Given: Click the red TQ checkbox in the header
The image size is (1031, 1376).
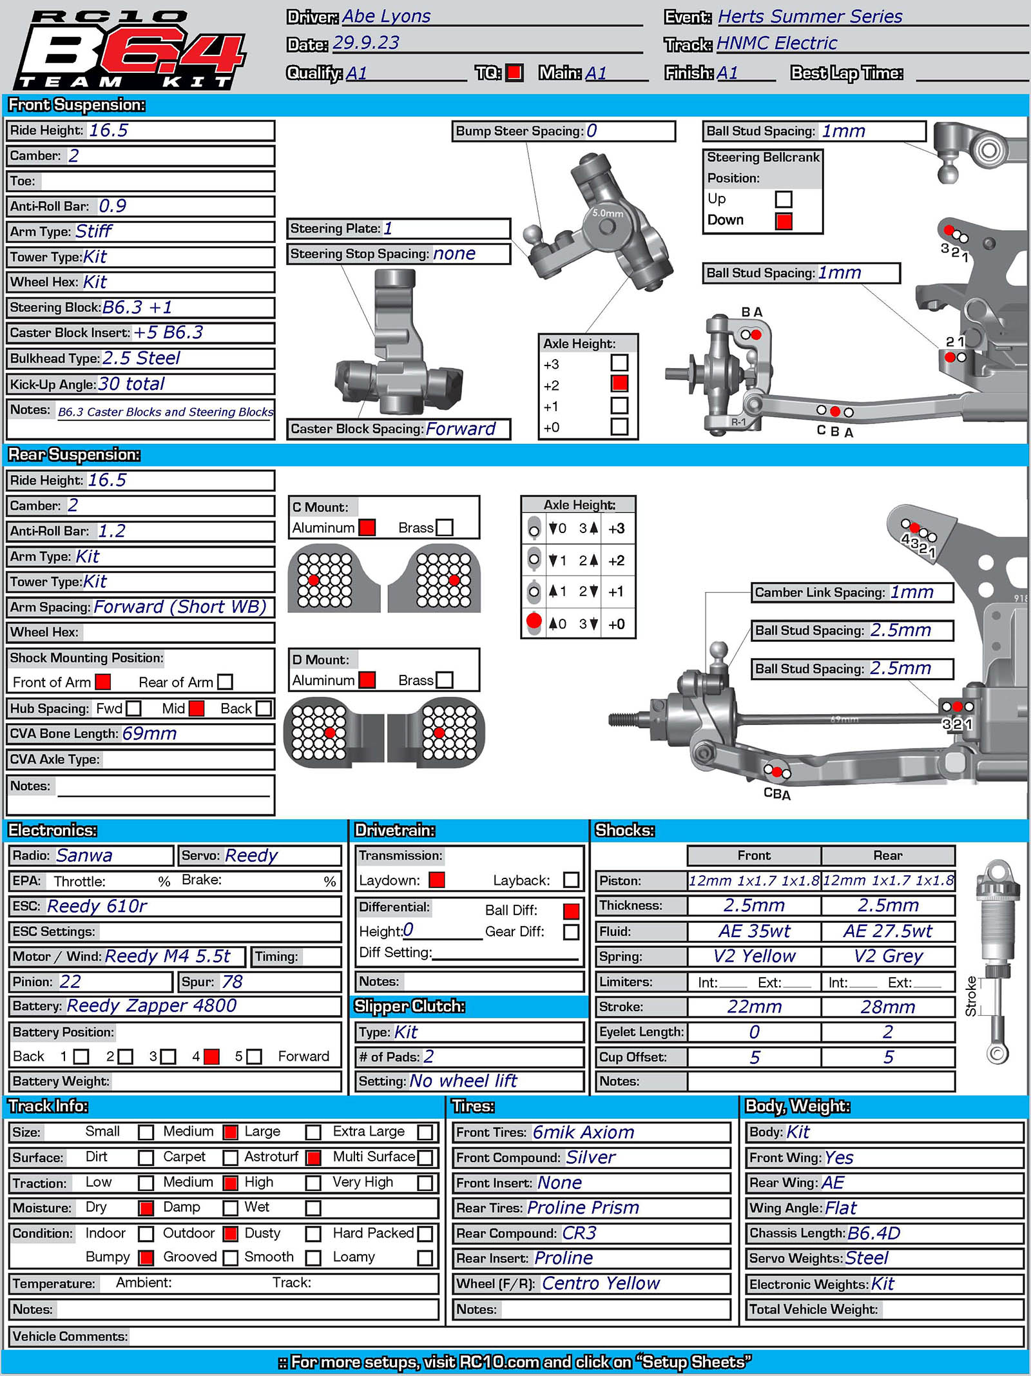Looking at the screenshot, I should [x=514, y=73].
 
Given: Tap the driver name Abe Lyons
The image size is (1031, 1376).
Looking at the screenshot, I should [x=386, y=16].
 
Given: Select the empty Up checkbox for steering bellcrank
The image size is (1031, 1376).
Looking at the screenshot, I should [x=784, y=199].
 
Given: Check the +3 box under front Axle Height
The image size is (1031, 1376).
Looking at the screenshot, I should [x=619, y=363].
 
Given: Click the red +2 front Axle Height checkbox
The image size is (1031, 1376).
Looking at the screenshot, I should [x=619, y=383].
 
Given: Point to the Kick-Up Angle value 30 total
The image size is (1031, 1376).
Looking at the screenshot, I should [x=131, y=384].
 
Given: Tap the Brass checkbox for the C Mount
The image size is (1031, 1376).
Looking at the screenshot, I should [x=445, y=528].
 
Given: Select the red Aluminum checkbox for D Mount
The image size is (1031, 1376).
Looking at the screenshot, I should [x=367, y=680].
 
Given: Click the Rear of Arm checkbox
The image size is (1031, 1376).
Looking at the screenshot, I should [x=225, y=682].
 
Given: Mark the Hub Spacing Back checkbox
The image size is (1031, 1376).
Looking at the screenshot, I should [x=264, y=709].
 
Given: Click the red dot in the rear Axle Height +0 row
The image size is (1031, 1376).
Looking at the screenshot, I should [x=534, y=621].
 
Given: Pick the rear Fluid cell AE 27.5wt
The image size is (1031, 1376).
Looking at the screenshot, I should [x=887, y=931].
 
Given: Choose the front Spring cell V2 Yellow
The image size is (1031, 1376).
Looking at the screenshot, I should [x=754, y=956].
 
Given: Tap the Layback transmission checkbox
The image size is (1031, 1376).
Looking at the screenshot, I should [x=571, y=880].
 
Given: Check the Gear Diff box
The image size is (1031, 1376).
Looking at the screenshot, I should [x=571, y=932].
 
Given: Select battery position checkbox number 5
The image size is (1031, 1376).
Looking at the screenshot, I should [x=255, y=1057].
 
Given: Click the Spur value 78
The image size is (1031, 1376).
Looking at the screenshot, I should [x=232, y=982].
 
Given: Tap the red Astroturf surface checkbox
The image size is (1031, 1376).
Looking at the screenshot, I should [x=314, y=1158].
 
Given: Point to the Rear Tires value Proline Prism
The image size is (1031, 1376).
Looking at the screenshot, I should [x=583, y=1208].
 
